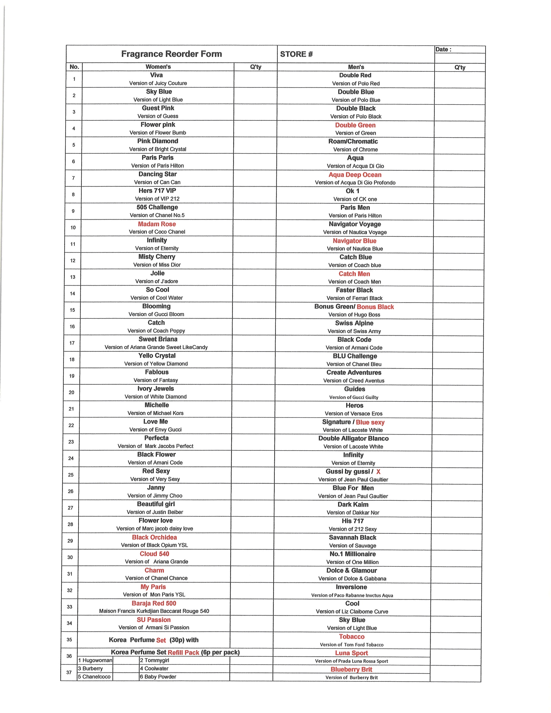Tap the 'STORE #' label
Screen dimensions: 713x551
pyautogui.click(x=296, y=54)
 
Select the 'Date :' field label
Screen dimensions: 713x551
pyautogui.click(x=443, y=50)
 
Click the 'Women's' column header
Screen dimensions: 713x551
pyautogui.click(x=158, y=67)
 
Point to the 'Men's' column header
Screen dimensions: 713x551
pyautogui.click(x=356, y=67)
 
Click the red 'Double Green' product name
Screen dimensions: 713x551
pyautogui.click(x=355, y=125)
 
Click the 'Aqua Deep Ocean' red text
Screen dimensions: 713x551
pyautogui.click(x=355, y=175)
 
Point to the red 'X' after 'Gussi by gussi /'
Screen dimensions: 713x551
pyautogui.click(x=378, y=472)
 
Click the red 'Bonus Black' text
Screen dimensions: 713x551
pyautogui.click(x=375, y=307)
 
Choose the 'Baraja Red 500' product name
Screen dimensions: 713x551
pyautogui.click(x=154, y=603)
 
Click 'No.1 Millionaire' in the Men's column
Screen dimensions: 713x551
pyautogui.click(x=353, y=554)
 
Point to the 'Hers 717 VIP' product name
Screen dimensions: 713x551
pyautogui.click(x=157, y=191)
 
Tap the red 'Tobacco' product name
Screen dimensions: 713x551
pyautogui.click(x=352, y=637)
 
